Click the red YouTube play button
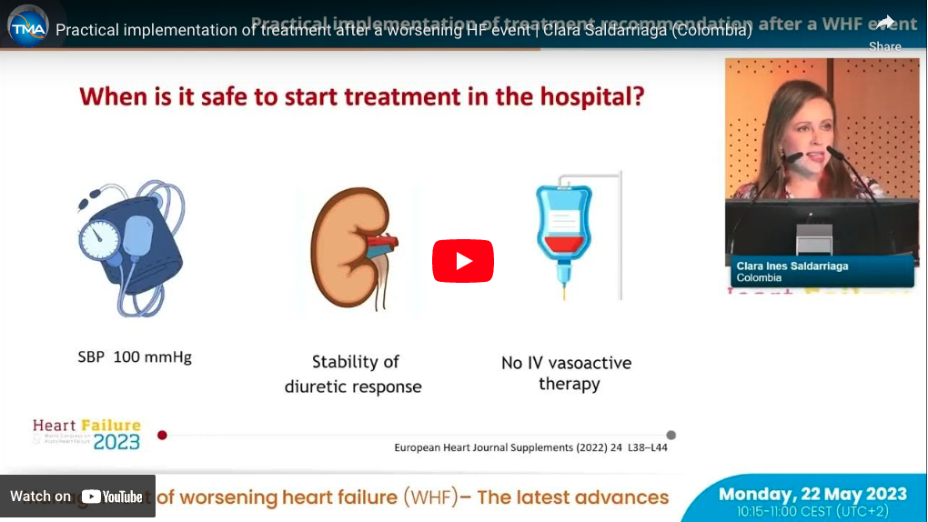coord(463,262)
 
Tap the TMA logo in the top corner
coord(27,27)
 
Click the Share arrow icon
coord(885,23)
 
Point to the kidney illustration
coord(350,249)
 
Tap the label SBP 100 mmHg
coord(135,357)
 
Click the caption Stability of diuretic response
coord(354,374)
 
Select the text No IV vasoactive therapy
coord(566,373)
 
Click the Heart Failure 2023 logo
coord(87,434)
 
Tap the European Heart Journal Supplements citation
coord(530,447)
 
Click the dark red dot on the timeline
coord(162,435)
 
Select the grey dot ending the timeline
coord(671,435)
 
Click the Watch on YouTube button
coord(77,497)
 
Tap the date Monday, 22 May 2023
coord(812,495)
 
